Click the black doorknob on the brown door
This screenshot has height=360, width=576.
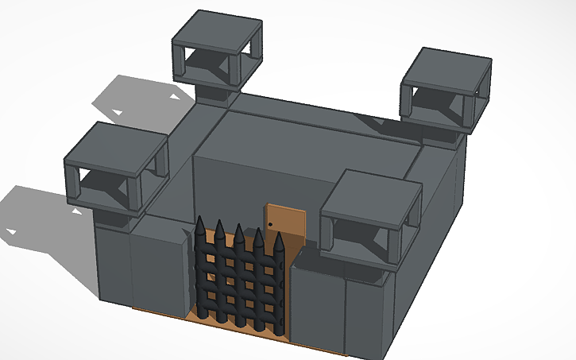tap(271, 225)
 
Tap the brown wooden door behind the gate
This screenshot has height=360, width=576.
tap(286, 223)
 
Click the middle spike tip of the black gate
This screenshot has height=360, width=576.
tap(239, 228)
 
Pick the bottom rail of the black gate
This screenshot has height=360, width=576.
tap(238, 311)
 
